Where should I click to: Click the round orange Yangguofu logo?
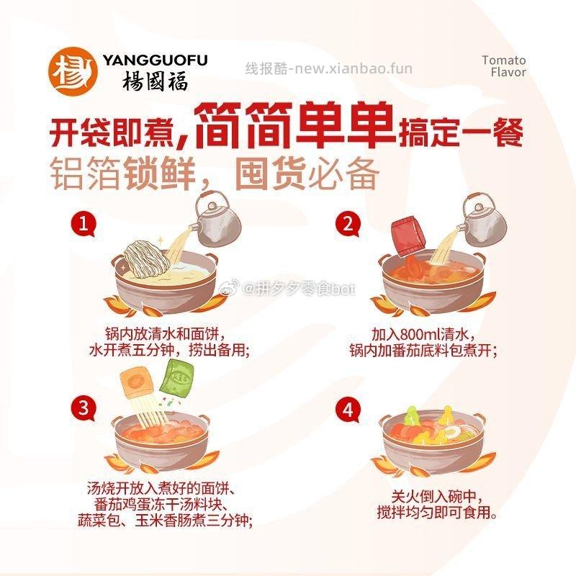coord(73,71)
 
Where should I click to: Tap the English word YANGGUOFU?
coord(155,60)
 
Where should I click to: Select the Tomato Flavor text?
coord(504,66)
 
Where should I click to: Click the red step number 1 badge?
coord(84,223)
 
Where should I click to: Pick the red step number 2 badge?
coord(348,223)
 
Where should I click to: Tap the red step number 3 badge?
coord(84,408)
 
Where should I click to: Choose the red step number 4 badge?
coord(348,409)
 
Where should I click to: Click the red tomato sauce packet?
coord(408,235)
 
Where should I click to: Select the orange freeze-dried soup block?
coord(137,383)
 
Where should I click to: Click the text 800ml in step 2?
coord(421,334)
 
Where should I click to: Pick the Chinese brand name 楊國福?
coord(155,81)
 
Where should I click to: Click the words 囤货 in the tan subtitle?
coord(271,173)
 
